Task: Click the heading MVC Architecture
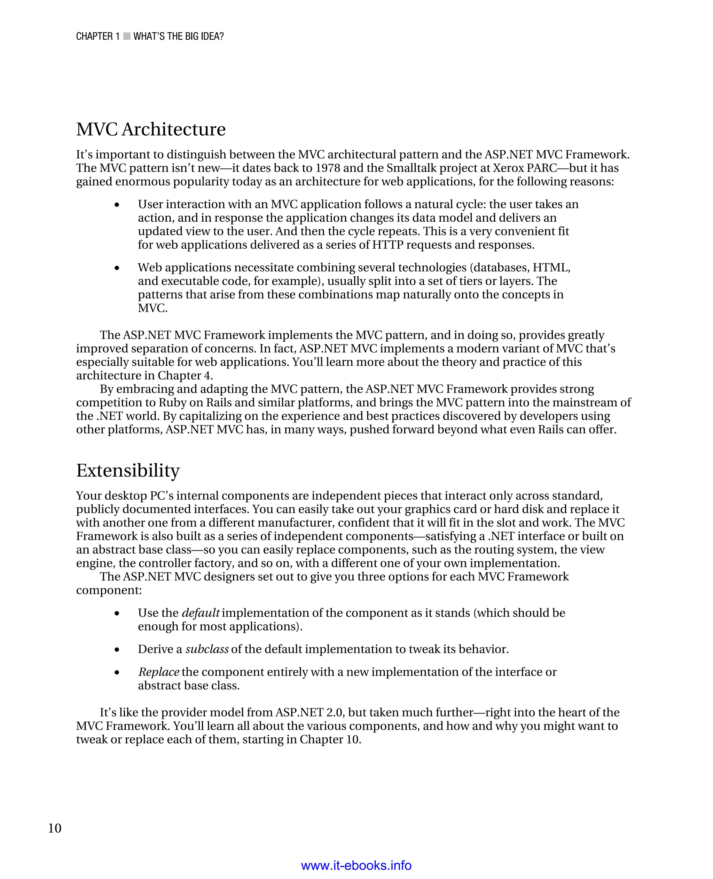click(151, 129)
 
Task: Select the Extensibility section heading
click(128, 470)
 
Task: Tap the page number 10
click(55, 828)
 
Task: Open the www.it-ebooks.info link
click(356, 865)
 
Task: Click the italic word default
click(201, 613)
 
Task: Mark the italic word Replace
click(158, 672)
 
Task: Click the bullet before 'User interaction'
click(117, 205)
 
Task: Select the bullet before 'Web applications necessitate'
click(117, 268)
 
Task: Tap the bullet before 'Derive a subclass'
click(117, 649)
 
